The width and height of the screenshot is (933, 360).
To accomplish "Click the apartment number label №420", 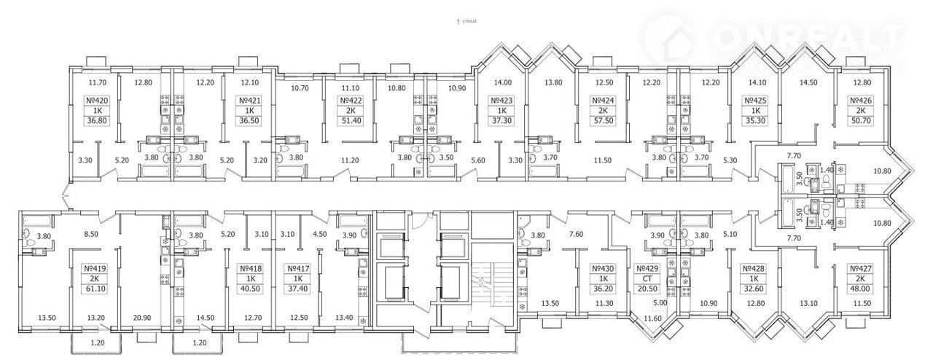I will [x=97, y=100].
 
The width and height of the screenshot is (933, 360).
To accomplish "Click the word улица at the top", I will [x=469, y=22].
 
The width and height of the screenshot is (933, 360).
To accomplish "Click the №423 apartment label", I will [x=502, y=100].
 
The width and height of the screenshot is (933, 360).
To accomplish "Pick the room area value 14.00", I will [x=503, y=82].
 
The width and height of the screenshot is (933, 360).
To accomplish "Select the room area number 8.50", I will [x=90, y=234].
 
